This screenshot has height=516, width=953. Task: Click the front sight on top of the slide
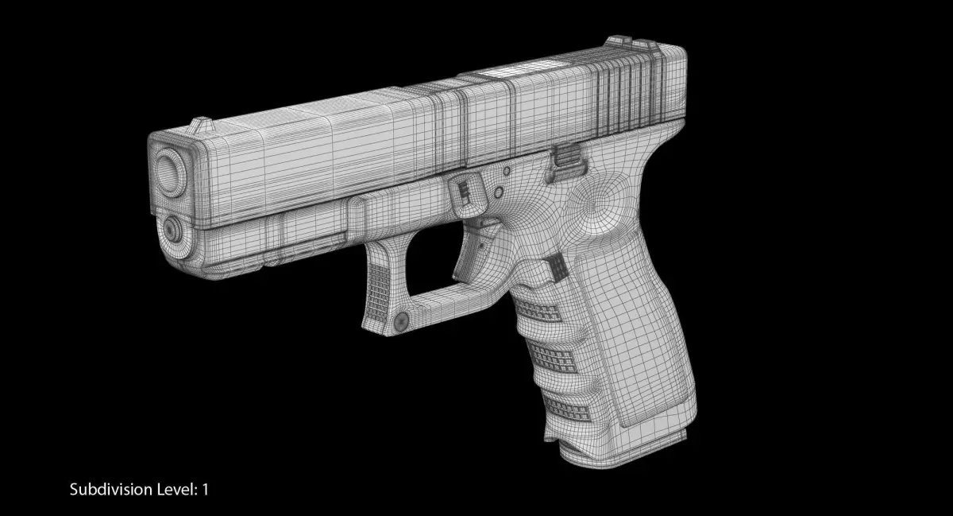click(x=201, y=124)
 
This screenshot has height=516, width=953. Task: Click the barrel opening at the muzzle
click(x=171, y=173)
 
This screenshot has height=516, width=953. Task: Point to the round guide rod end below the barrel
click(x=172, y=229)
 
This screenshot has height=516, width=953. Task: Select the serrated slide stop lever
click(x=568, y=162)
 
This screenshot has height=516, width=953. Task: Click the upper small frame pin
click(x=507, y=171)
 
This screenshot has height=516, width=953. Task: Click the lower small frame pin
click(x=499, y=192)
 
